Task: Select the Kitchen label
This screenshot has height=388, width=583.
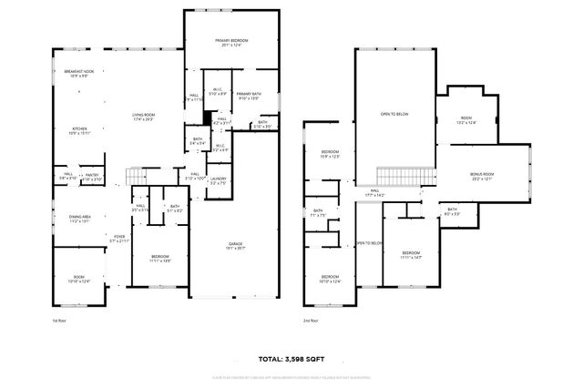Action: (80, 130)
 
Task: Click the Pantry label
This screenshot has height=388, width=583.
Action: (92, 175)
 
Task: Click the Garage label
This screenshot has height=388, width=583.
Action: (235, 246)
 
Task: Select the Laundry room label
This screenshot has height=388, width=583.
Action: (219, 180)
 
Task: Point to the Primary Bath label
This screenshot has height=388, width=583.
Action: (248, 97)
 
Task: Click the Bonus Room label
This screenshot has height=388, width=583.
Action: (481, 176)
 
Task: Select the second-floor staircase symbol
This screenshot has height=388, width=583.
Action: (397, 175)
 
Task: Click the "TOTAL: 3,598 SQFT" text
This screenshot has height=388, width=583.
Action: (291, 359)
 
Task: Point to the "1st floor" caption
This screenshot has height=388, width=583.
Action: (60, 321)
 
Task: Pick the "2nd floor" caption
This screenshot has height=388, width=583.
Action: (312, 321)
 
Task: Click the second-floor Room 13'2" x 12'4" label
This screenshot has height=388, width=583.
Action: (466, 120)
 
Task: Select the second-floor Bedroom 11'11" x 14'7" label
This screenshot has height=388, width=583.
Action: (412, 255)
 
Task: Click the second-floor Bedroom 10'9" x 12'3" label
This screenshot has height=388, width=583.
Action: (329, 154)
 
